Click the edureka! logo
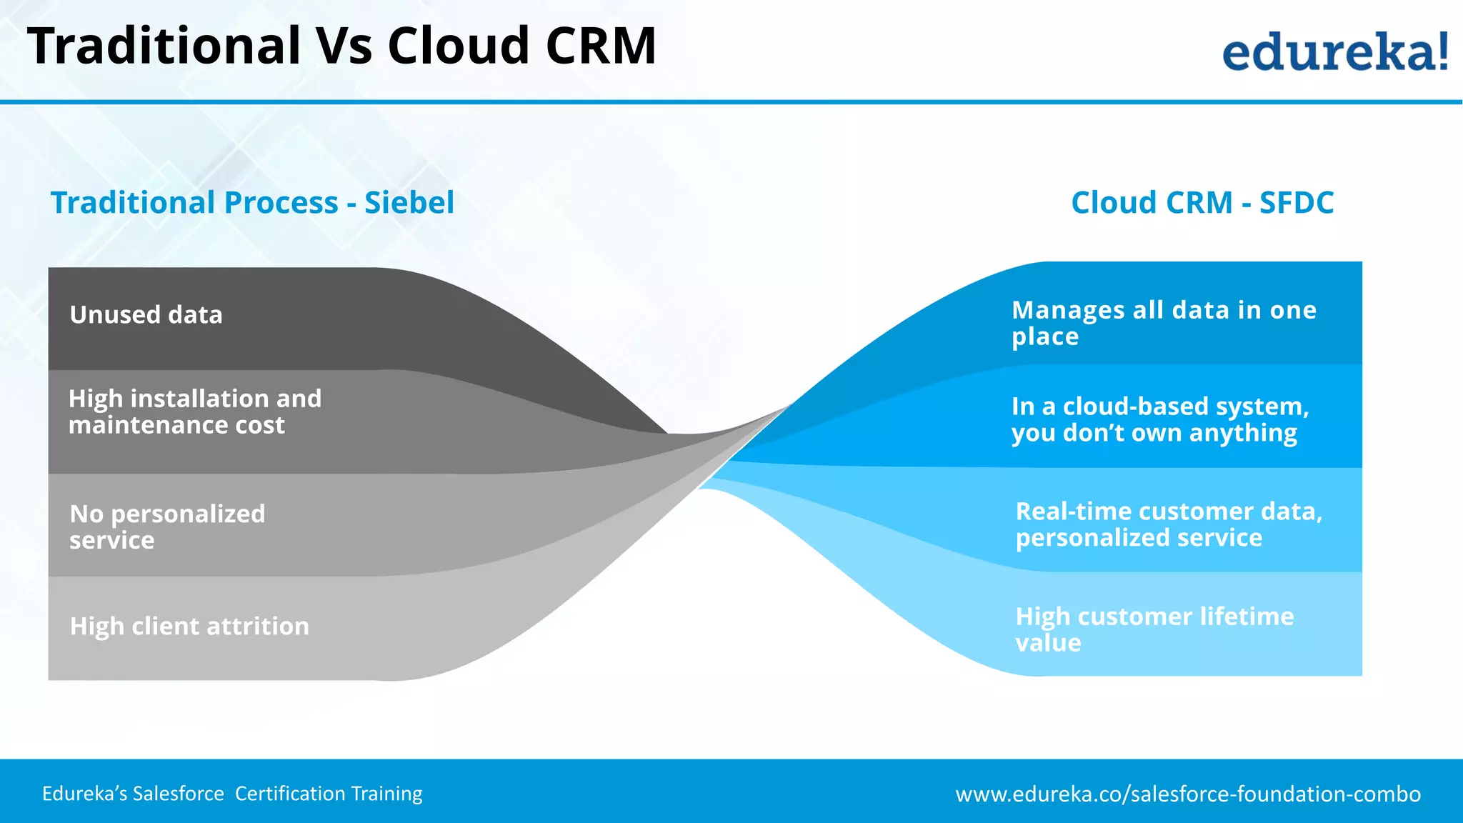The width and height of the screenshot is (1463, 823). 1335,51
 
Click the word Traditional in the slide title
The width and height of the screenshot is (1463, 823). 164,46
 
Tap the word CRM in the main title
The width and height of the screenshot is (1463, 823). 600,46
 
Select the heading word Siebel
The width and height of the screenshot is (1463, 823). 409,203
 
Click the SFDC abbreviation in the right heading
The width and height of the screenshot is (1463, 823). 1296,203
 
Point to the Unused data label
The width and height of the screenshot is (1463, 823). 146,315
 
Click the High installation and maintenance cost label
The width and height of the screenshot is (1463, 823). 195,411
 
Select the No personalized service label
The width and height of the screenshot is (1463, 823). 167,527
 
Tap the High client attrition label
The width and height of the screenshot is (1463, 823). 189,627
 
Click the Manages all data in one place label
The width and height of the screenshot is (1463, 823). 1164,323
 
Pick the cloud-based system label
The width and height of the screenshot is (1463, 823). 1160,419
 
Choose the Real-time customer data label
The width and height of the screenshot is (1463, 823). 1169,524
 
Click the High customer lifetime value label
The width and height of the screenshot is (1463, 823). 1154,629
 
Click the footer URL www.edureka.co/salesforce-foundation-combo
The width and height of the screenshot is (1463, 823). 1188,794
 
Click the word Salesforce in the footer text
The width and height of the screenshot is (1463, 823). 179,794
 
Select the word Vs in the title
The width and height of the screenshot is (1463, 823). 344,46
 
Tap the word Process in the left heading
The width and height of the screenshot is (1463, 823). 281,203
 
